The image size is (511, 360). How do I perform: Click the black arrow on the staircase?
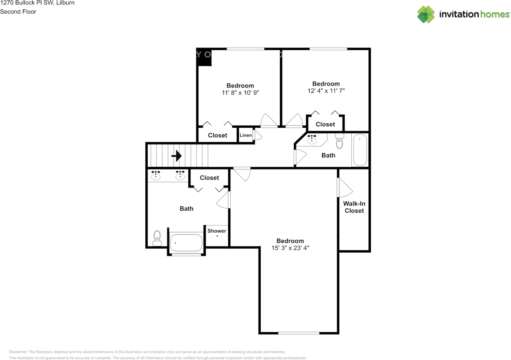176,156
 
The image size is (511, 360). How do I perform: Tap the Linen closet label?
246,135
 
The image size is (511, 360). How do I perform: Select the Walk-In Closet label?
354,207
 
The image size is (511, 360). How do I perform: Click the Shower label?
217,231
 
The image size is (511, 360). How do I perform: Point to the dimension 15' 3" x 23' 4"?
290,248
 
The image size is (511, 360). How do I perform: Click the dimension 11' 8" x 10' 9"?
240,93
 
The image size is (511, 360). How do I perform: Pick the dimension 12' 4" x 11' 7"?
326,91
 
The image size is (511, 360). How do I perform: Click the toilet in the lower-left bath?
156,238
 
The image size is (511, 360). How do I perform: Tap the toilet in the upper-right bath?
340,140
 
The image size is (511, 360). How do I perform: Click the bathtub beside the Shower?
186,242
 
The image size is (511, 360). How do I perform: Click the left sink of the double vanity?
156,176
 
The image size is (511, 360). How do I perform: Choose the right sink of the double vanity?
180,176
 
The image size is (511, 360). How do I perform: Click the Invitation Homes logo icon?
426,14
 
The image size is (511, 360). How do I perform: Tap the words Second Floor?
18,12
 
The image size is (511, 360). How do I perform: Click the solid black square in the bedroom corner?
205,58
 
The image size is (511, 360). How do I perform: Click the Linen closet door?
257,135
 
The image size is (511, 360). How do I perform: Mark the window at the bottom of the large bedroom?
299,333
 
